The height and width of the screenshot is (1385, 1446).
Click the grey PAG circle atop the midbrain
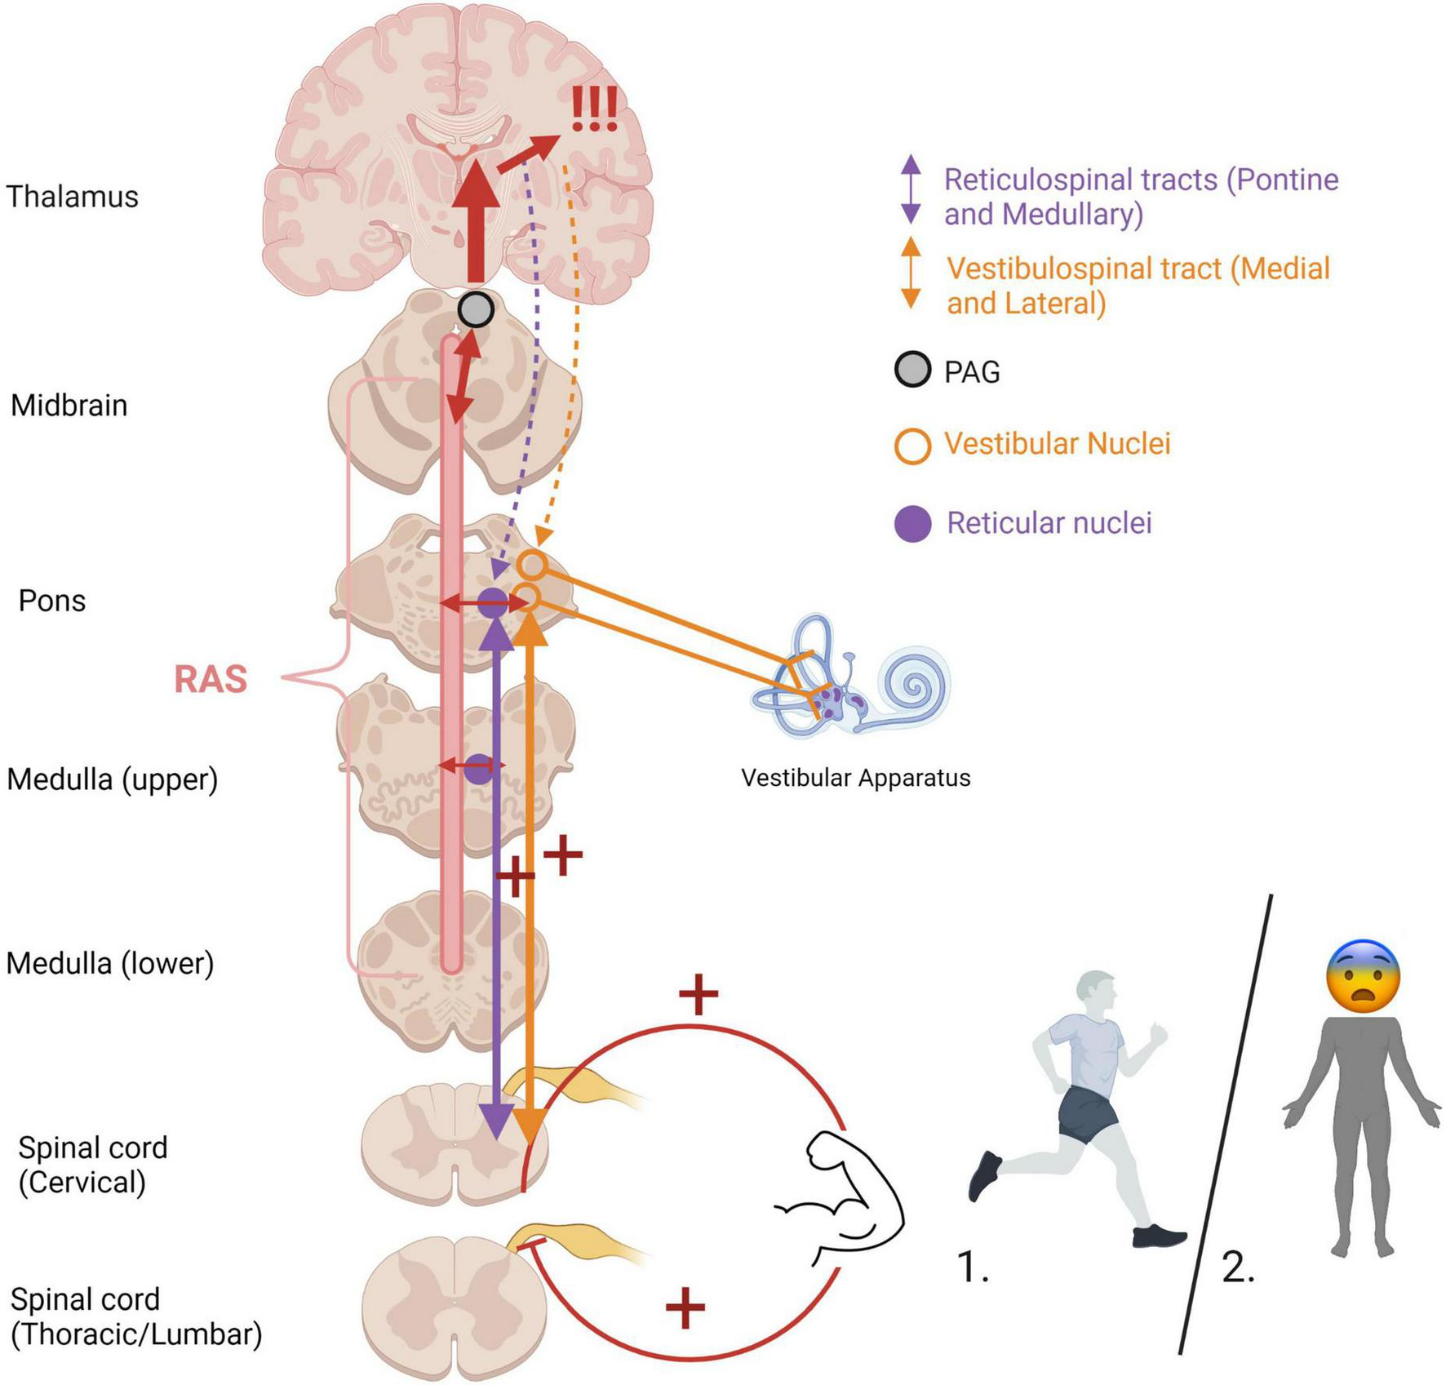(x=476, y=309)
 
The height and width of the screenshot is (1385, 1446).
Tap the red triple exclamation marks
(x=593, y=111)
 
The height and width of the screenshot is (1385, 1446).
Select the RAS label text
(x=211, y=679)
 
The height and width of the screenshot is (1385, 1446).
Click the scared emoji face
(x=1363, y=977)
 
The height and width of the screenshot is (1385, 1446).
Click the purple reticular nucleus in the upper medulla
(x=479, y=769)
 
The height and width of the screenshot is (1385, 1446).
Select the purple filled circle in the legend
(x=912, y=523)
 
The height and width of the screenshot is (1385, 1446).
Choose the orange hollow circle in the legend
(x=912, y=446)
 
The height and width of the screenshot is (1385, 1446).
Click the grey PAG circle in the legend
(x=912, y=370)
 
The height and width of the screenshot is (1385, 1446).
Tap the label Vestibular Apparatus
(x=855, y=778)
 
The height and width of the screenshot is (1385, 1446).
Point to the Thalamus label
(x=72, y=197)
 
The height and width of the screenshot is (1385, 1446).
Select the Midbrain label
(x=69, y=406)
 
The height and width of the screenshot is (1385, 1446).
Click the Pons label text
(x=52, y=601)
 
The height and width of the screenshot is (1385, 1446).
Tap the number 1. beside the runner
(x=973, y=1267)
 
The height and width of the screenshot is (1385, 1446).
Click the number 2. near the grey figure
(x=1238, y=1267)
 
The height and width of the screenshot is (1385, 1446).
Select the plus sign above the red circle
(x=699, y=993)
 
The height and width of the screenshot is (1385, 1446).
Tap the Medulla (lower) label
(x=110, y=963)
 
